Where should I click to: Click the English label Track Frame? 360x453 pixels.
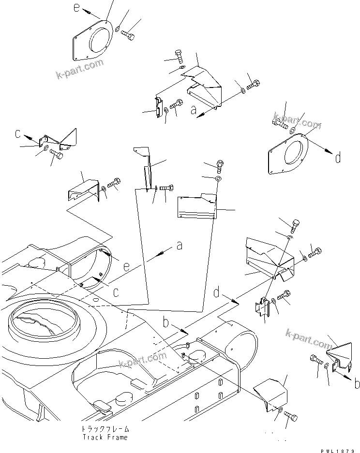[x=105, y=437]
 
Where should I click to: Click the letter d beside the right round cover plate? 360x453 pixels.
[x=337, y=157]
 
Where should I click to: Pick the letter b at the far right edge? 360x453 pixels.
[x=357, y=384]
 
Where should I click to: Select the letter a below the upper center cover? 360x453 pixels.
[x=193, y=111]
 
